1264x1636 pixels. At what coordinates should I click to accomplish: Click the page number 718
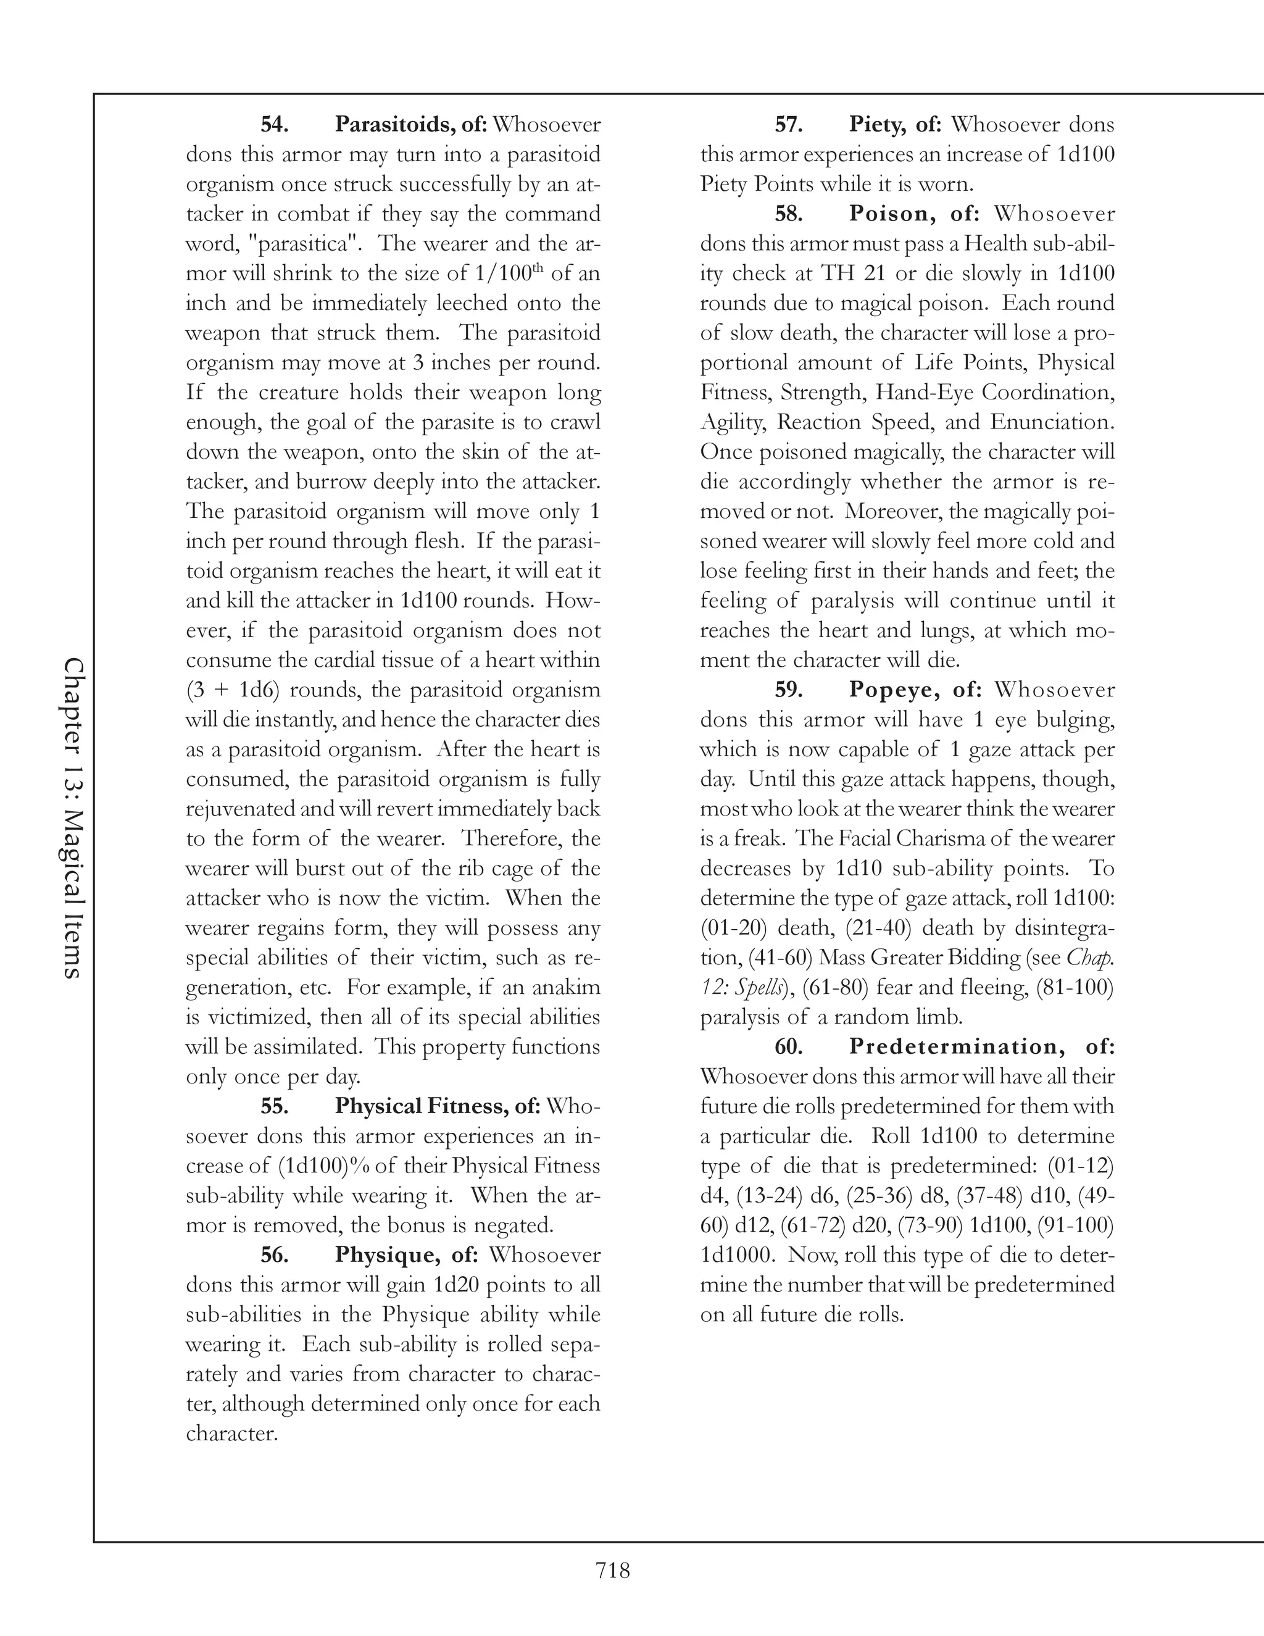pos(612,1571)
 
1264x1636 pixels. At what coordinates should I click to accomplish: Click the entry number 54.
pos(275,124)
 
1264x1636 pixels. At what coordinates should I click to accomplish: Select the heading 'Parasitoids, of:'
pos(411,124)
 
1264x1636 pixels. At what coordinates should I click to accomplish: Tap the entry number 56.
pos(275,1254)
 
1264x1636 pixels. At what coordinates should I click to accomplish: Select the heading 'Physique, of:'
pos(406,1254)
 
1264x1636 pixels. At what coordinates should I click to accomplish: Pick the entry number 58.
pos(789,214)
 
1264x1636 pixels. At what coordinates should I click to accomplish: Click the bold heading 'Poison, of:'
pos(913,214)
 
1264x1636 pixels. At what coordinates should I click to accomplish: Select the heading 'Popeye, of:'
pos(914,689)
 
